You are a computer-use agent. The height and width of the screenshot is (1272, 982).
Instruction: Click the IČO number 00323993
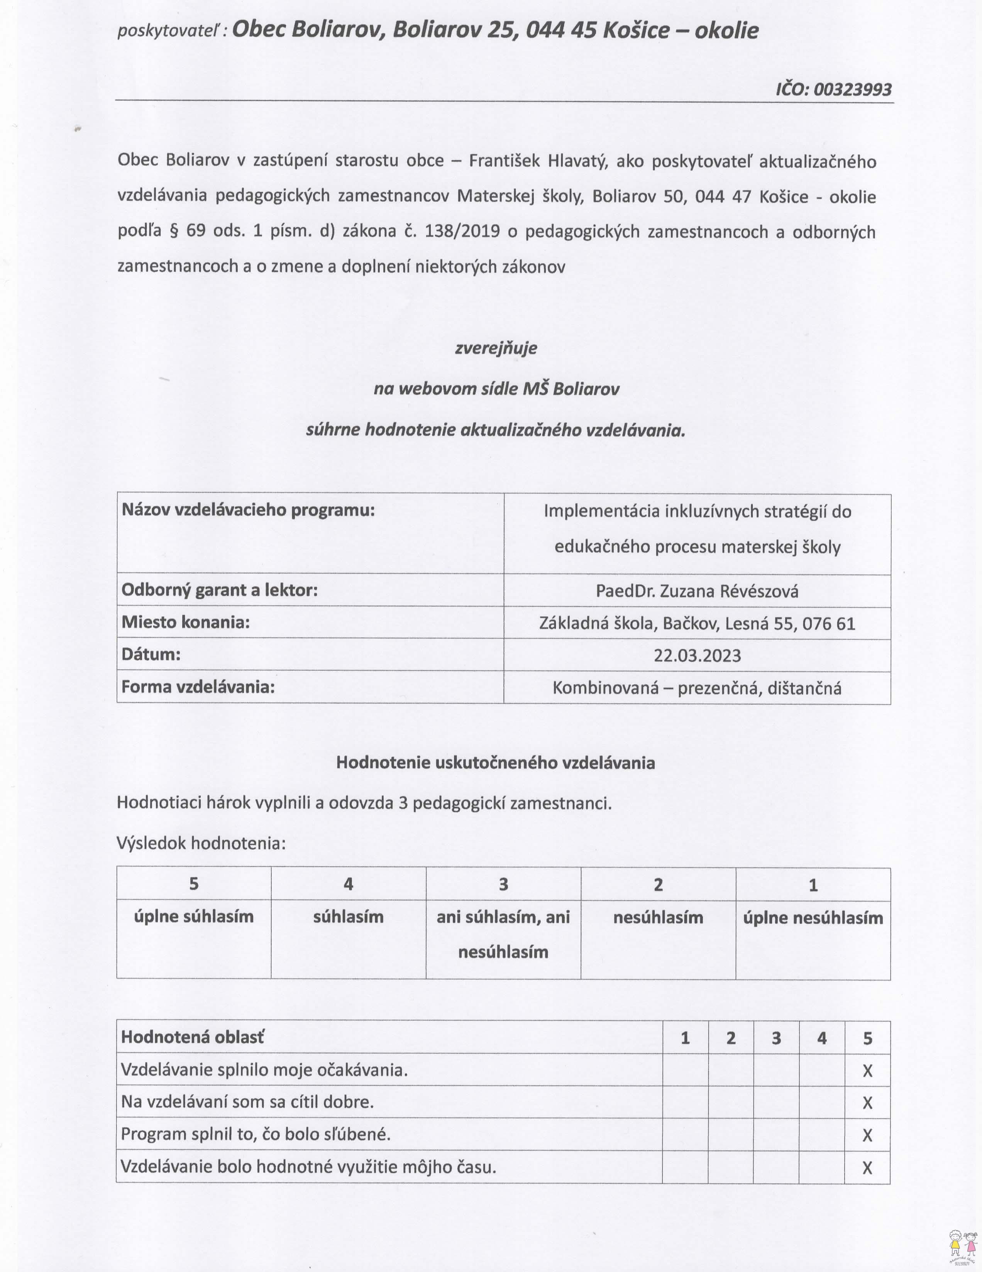pyautogui.click(x=852, y=89)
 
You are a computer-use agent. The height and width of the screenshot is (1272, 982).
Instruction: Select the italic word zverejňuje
pyautogui.click(x=496, y=348)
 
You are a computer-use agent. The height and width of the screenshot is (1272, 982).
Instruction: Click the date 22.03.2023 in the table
pyautogui.click(x=697, y=656)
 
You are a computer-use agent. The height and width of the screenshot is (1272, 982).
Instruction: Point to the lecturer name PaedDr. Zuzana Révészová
pyautogui.click(x=697, y=591)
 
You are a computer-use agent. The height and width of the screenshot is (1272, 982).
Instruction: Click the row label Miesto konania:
pyautogui.click(x=186, y=622)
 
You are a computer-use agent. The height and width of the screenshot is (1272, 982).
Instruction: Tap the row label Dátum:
pyautogui.click(x=151, y=654)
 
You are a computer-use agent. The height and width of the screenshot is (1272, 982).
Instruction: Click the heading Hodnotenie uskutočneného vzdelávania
pyautogui.click(x=496, y=763)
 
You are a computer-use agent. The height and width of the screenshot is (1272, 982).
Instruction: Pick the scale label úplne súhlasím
pyautogui.click(x=194, y=917)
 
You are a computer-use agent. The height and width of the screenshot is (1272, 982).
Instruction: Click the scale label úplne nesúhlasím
pyautogui.click(x=813, y=918)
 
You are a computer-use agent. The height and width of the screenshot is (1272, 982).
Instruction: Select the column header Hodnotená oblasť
pyautogui.click(x=192, y=1037)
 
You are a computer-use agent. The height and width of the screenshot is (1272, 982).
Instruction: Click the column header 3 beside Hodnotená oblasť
pyautogui.click(x=776, y=1038)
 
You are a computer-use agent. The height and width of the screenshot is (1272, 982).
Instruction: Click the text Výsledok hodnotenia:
pyautogui.click(x=201, y=843)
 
